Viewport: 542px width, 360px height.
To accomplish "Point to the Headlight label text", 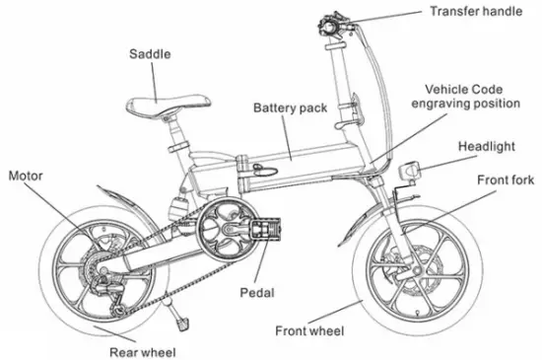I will click(x=485, y=147).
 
